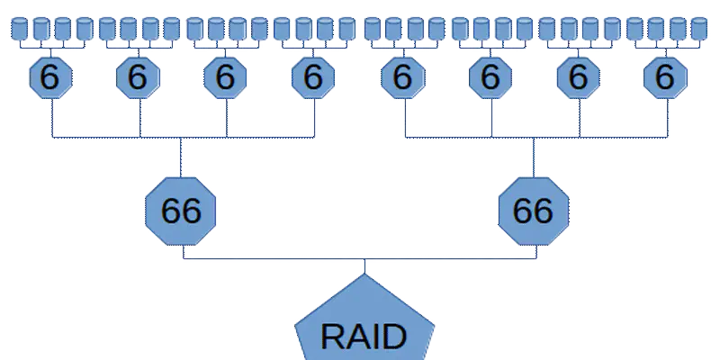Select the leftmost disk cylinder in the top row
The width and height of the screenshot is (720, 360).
pyautogui.click(x=17, y=29)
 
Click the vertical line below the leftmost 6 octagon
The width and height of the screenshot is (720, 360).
pyautogui.click(x=54, y=117)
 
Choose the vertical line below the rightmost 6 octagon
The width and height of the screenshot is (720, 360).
pyautogui.click(x=667, y=117)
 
